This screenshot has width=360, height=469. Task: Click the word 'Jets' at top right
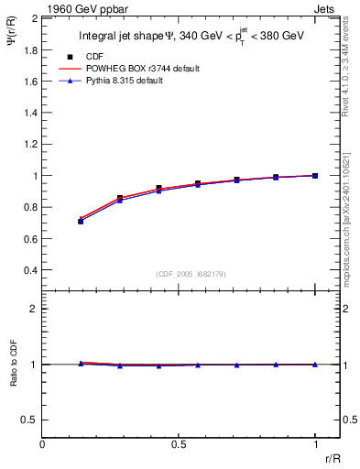click(x=326, y=7)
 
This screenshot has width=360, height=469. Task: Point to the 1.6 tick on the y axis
click(x=30, y=81)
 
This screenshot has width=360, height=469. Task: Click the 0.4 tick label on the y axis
click(x=30, y=270)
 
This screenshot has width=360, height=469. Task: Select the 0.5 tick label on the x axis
click(x=178, y=443)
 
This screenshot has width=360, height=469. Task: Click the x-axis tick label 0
click(x=42, y=443)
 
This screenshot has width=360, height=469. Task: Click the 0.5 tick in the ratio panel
click(x=30, y=420)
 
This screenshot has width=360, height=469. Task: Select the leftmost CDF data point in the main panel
click(x=81, y=221)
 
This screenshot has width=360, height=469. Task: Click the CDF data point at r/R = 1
click(x=315, y=175)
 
